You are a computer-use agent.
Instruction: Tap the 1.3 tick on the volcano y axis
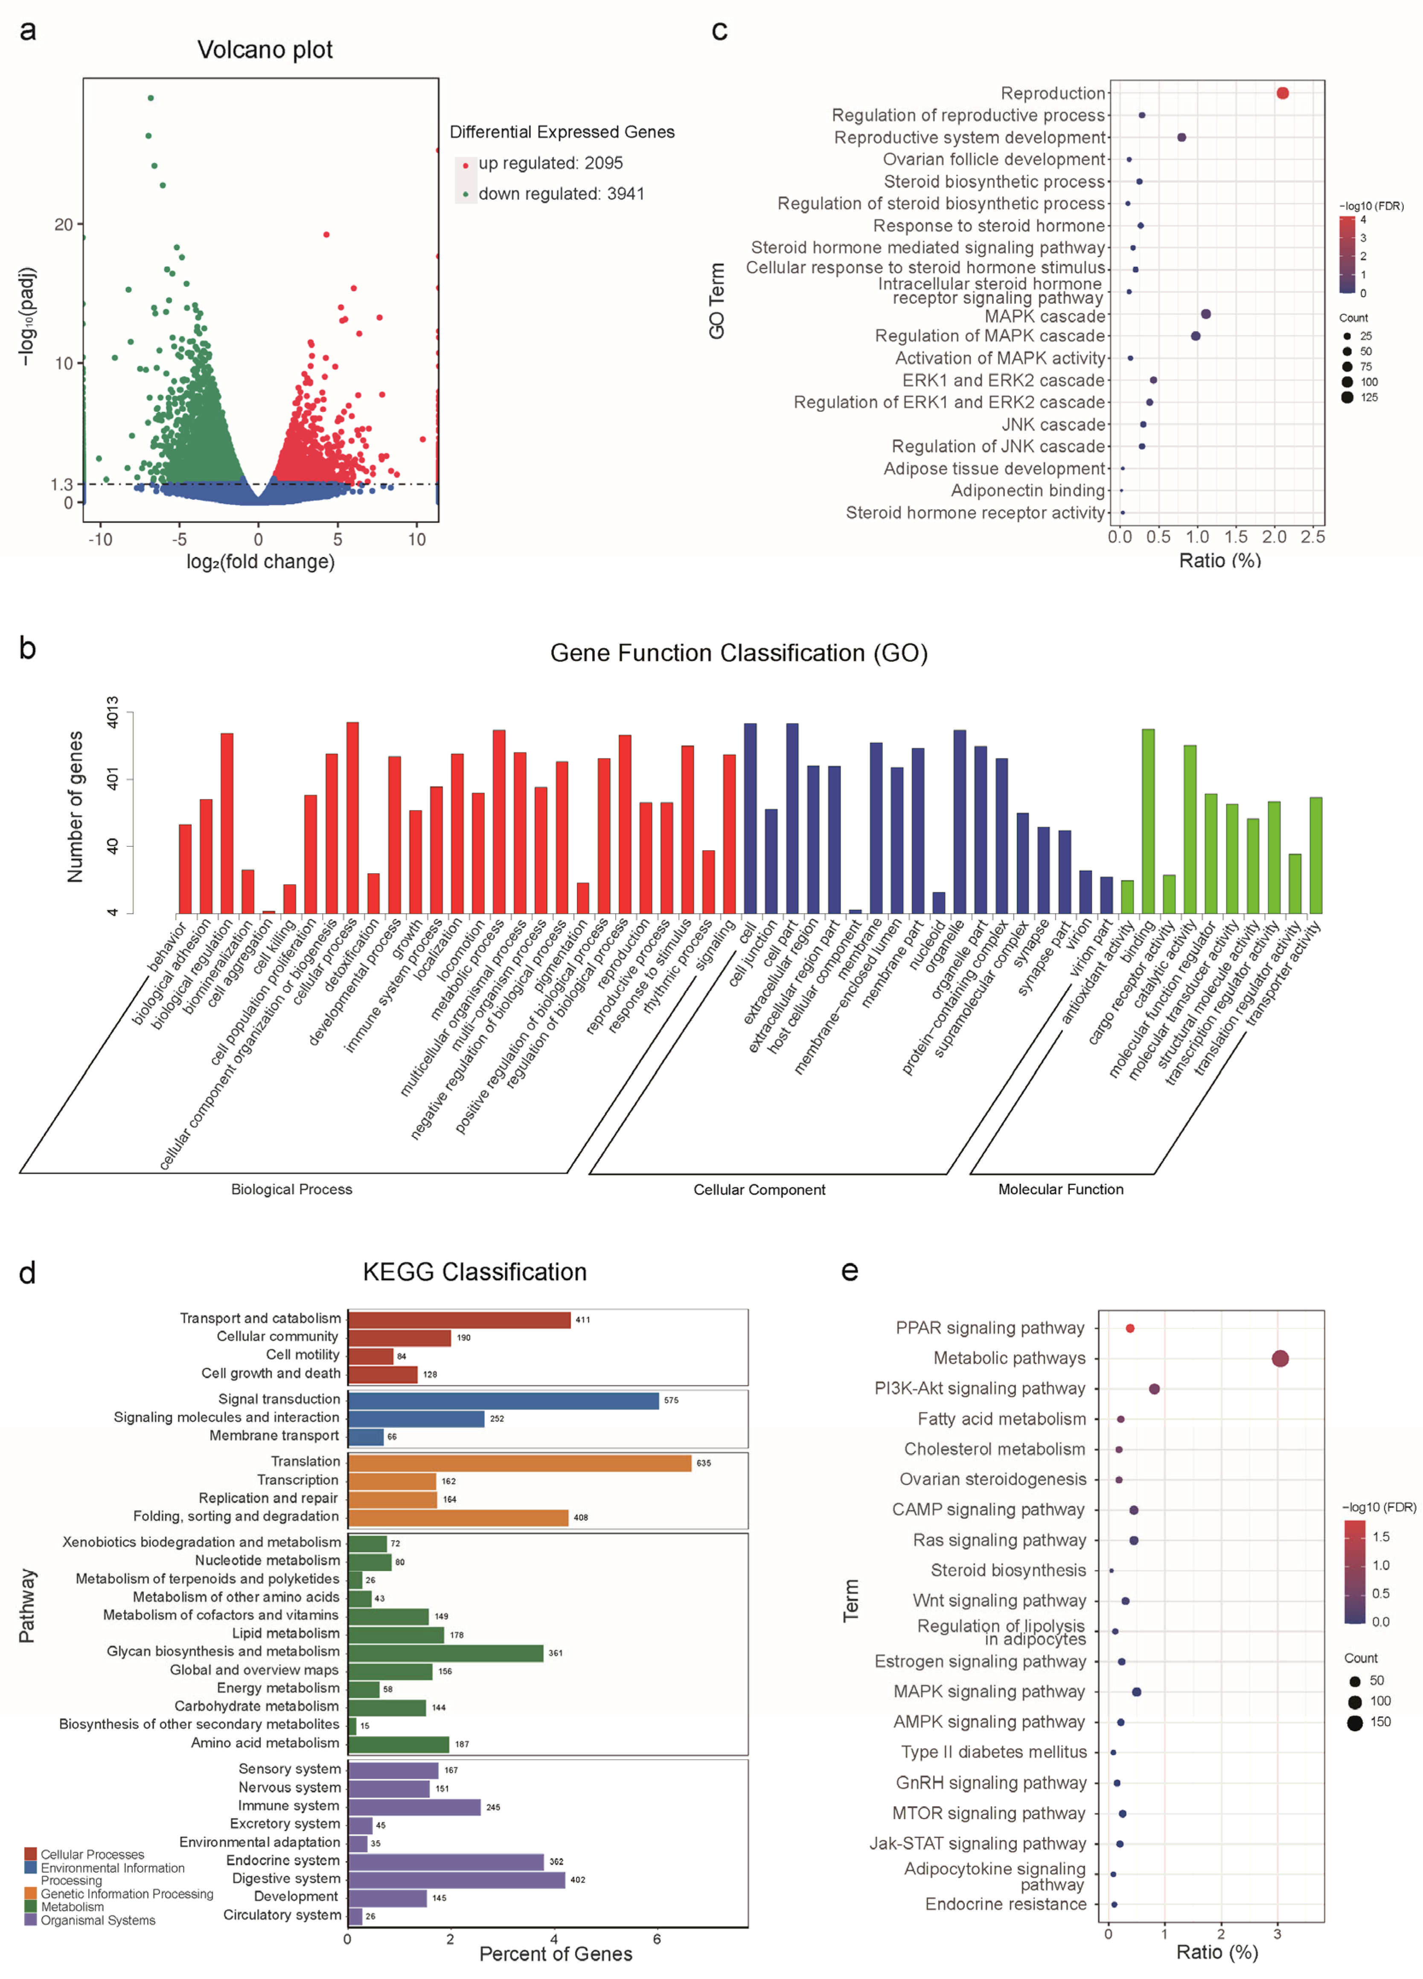tap(62, 484)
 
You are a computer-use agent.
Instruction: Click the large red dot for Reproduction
tap(1282, 93)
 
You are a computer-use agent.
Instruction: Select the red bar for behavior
tap(185, 868)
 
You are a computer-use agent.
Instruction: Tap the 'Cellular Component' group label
tap(759, 1189)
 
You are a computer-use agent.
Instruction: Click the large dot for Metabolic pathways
tap(1280, 1358)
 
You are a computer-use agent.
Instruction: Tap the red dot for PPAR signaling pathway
tap(1130, 1328)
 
